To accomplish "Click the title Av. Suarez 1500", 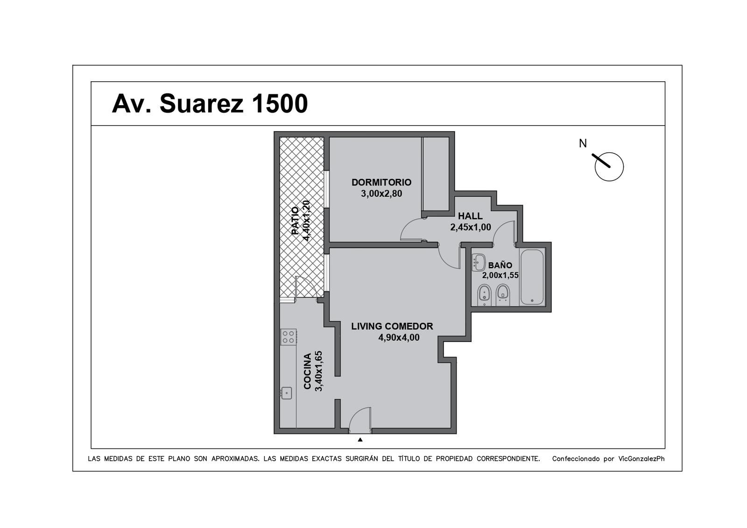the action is [210, 103].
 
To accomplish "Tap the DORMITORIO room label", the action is [381, 182].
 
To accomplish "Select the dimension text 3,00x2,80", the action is [381, 193].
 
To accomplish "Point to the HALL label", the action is [470, 215].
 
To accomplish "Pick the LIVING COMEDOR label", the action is [392, 326].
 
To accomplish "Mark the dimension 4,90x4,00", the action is [399, 337].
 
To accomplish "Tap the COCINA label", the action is [308, 371].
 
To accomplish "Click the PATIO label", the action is [295, 221].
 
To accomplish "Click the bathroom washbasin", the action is [479, 262].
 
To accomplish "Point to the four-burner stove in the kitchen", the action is [289, 337].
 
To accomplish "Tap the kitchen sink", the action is [286, 393].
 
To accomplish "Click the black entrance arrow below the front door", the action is [360, 440].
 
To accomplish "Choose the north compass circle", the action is [609, 167].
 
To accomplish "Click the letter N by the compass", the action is [583, 143].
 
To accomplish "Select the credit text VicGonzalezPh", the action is [641, 458].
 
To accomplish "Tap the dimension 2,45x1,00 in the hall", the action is [471, 227].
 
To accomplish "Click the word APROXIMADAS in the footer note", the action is [235, 458].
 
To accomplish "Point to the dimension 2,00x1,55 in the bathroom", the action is [500, 275].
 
